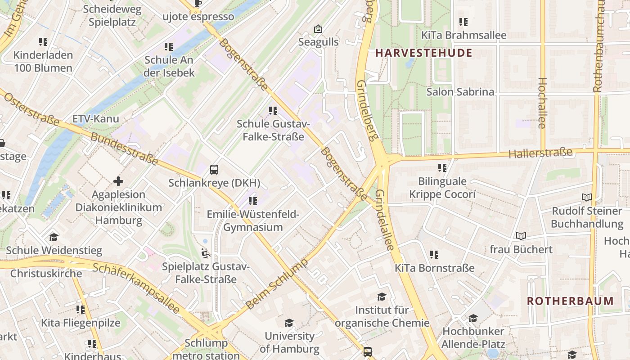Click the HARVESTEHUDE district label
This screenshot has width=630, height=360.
pos(424,53)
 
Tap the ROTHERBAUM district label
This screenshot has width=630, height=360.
pos(570,301)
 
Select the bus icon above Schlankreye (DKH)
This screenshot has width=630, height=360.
pos(214,170)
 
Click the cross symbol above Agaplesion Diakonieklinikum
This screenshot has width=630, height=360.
pos(118,181)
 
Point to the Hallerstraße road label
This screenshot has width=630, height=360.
pos(540,153)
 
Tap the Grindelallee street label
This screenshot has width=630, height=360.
pos(385,220)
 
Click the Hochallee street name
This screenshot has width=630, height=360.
pos(542,103)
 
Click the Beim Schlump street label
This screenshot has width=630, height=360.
pos(278,284)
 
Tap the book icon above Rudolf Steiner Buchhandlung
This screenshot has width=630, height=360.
pos(586,197)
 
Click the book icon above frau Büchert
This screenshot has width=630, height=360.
pos(521,236)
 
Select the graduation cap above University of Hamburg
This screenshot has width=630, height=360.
pos(289,323)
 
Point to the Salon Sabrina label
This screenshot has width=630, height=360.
pos(460,92)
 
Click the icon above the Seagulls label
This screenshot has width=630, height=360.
pos(318,29)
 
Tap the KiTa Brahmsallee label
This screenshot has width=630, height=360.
pos(463,35)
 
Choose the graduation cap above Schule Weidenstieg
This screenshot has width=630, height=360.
pos(54,237)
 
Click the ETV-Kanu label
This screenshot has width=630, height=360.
pos(96,119)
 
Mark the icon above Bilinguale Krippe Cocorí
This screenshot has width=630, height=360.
pos(442,168)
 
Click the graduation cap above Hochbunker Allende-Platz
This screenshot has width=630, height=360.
pos(473,319)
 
